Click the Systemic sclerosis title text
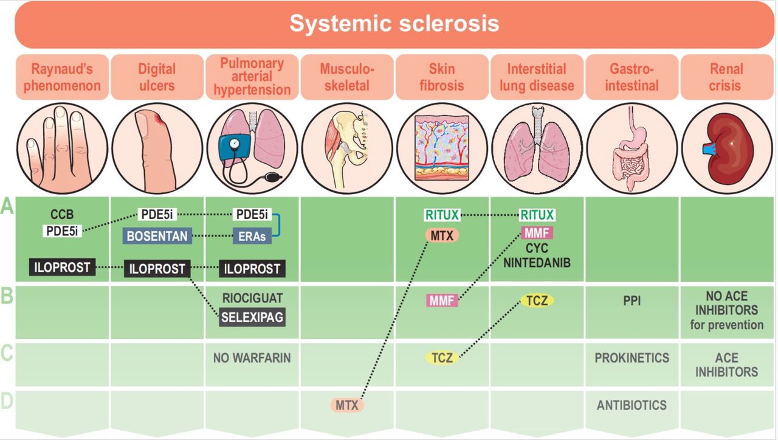point(394,23)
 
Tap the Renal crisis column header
point(726,77)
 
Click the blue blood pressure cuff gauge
point(235,146)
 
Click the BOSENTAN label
point(157,236)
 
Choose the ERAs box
point(252,236)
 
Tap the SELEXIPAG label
point(252,317)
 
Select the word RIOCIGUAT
point(252,298)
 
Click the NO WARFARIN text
point(252,358)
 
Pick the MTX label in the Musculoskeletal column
point(346,405)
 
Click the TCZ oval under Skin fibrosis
point(442,358)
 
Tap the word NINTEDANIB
point(537,263)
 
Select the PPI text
point(632,301)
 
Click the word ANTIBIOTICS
point(632,405)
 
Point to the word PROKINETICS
point(632,358)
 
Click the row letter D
point(7,401)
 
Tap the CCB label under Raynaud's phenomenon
point(62,214)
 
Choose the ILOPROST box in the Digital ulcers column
point(157,268)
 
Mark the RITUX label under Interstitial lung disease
point(537,215)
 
